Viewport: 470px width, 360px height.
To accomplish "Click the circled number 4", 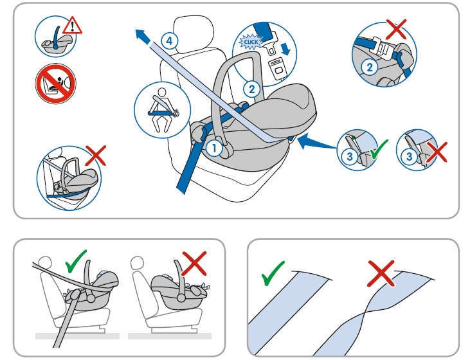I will [168, 40].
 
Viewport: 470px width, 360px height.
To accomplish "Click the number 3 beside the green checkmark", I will [348, 154].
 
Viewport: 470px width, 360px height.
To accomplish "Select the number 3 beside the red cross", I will [407, 154].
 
